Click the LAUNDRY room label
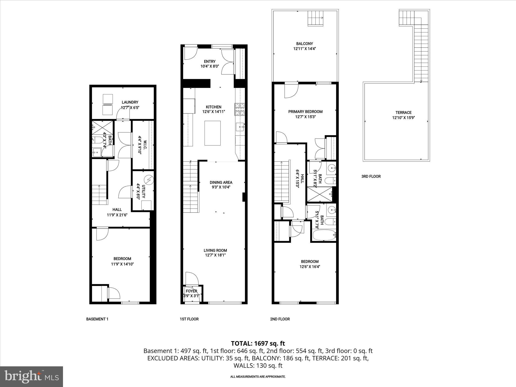pos(130,102)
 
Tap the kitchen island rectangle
pos(212,133)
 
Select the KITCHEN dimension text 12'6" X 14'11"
pos(213,112)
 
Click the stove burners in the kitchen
pos(240,110)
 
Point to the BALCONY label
pos(304,44)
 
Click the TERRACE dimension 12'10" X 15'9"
pos(403,118)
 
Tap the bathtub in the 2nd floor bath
pos(324,235)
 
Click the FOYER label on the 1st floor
pos(191,291)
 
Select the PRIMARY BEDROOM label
pos(305,112)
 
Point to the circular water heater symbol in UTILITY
pos(148,180)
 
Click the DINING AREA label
pos(221,182)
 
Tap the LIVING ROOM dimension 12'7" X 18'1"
pos(215,255)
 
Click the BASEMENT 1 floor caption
pos(97,319)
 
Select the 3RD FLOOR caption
pos(371,176)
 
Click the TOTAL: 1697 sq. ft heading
pos(258,343)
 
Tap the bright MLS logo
pos(31,376)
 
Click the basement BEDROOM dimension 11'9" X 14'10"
pos(122,264)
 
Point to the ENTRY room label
pos(210,61)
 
